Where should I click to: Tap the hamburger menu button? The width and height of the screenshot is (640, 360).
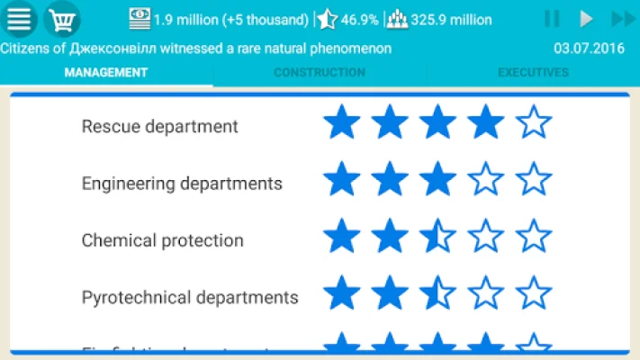(19, 19)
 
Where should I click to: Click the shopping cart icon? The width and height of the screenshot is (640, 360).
(61, 19)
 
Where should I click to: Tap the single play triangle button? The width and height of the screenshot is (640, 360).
(586, 19)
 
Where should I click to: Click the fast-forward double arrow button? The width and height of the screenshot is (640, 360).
(622, 19)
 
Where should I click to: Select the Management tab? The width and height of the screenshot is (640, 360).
(106, 73)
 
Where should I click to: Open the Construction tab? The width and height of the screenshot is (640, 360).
(320, 73)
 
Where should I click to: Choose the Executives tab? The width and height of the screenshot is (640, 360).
(533, 73)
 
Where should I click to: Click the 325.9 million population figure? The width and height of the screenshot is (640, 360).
(451, 20)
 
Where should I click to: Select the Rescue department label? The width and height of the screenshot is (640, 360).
(159, 126)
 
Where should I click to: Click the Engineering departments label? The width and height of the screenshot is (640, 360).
(182, 184)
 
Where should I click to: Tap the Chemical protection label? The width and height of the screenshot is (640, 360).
(162, 240)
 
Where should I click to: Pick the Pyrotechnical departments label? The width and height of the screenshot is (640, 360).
(189, 297)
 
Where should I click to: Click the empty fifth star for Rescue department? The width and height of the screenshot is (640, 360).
(534, 122)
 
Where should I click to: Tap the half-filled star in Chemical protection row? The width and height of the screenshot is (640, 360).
(437, 237)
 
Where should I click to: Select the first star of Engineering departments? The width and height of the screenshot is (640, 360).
(341, 179)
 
